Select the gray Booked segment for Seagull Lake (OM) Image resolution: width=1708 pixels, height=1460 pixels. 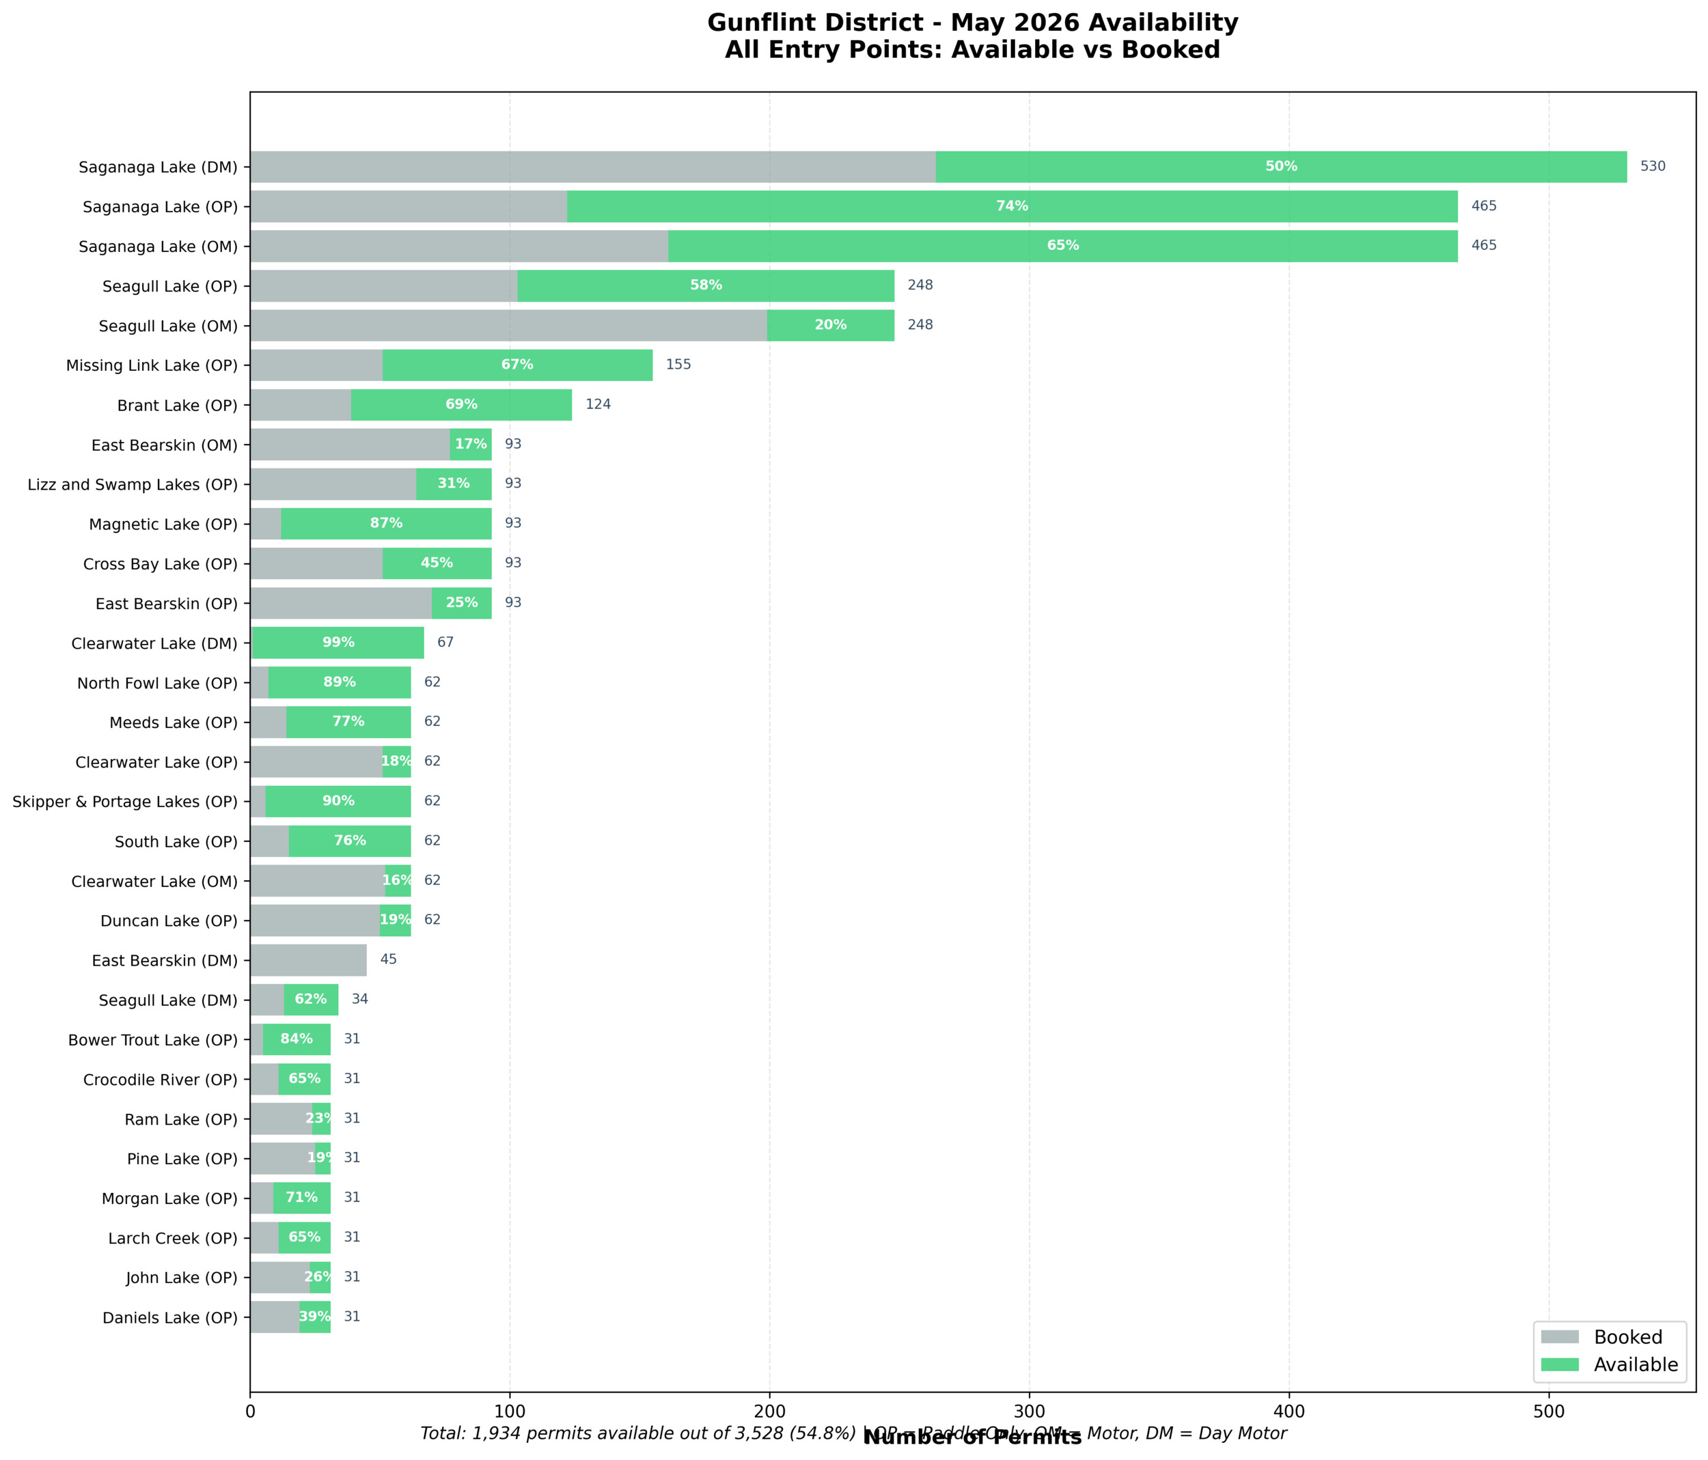pos(508,326)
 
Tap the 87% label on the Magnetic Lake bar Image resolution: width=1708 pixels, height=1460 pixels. pos(386,524)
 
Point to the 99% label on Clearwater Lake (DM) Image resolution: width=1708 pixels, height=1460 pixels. pos(338,643)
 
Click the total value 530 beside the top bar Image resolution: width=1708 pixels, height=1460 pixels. pos(1652,167)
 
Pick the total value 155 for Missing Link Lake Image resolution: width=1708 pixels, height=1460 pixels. pos(678,365)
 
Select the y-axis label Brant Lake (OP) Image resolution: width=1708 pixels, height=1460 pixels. pos(177,406)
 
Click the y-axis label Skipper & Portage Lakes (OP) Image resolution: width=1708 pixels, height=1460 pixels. pos(124,802)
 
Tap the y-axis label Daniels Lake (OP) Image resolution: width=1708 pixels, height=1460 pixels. pos(170,1318)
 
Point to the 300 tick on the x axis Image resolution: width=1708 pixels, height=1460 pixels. pos(1029,1412)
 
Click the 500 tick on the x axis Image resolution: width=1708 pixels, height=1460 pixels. pos(1548,1412)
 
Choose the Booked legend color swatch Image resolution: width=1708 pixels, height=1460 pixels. pos(1560,1336)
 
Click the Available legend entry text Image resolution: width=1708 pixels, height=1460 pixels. pos(1636,1364)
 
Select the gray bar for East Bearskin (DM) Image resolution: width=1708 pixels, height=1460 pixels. pos(308,960)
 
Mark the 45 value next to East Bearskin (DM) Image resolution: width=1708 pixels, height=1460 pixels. pos(388,960)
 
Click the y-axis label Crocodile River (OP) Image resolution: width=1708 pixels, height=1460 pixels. pos(160,1080)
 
